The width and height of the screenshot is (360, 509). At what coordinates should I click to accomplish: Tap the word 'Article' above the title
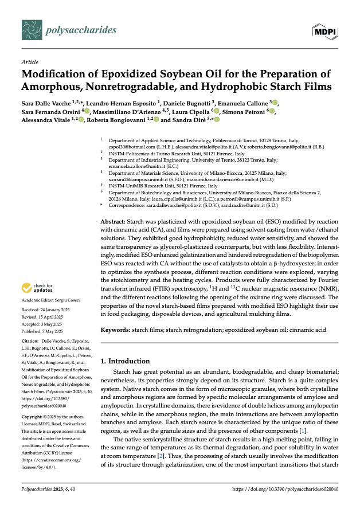point(29,62)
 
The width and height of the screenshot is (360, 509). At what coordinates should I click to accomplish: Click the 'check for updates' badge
point(37,288)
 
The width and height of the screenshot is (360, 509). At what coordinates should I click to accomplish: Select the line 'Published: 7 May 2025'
point(43,331)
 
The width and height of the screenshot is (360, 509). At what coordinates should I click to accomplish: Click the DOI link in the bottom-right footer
point(285,489)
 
